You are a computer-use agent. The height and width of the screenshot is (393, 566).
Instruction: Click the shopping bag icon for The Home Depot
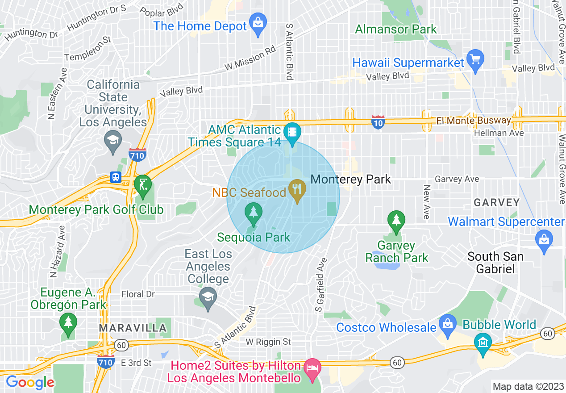258,21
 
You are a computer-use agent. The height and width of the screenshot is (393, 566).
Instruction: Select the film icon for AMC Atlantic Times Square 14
292,132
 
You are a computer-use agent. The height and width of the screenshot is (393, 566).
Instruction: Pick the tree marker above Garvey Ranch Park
396,220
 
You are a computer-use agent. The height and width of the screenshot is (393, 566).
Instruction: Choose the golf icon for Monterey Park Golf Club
143,184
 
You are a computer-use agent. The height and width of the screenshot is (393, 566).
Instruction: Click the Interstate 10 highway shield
378,121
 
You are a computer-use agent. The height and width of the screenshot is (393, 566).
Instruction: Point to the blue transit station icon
116,177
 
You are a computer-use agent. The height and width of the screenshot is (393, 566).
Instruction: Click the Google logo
30,382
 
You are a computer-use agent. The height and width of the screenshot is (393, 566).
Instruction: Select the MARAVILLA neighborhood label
133,328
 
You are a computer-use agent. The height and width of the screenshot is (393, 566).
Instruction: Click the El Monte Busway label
473,121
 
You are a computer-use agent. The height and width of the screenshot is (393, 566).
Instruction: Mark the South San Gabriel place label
495,263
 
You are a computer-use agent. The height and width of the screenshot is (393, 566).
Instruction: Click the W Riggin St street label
268,342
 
